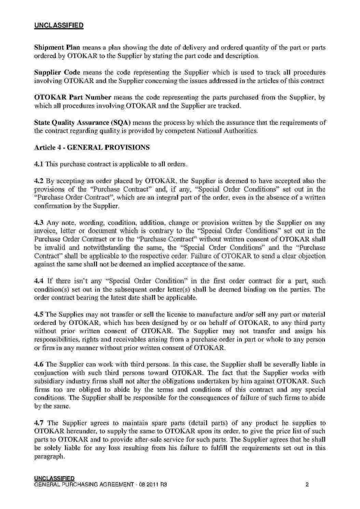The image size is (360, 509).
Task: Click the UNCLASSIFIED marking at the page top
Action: (59, 25)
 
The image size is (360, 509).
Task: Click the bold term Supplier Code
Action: (57, 72)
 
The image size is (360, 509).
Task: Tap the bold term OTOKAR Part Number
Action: (73, 97)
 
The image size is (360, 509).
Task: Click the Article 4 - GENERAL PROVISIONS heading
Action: (92, 147)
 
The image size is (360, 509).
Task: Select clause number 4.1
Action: (39, 164)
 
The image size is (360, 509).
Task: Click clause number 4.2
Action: (39, 181)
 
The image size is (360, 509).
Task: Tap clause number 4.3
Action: (39, 223)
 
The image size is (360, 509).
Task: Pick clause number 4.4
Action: (39, 281)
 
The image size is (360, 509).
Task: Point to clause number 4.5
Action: (39, 314)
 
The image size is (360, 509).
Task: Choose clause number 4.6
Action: (39, 364)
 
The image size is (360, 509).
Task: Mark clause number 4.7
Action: (39, 423)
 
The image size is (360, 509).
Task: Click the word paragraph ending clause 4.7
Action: (49, 456)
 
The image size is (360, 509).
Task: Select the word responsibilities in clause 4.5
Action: (56, 339)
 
